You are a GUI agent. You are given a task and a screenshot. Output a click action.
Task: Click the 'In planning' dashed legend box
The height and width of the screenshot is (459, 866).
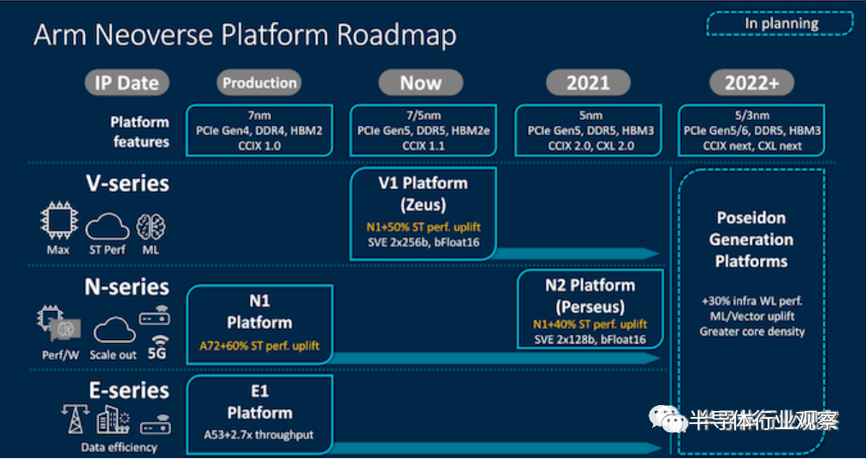[x=780, y=24]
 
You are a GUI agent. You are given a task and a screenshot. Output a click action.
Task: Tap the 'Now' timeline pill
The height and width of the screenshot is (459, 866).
[x=421, y=83]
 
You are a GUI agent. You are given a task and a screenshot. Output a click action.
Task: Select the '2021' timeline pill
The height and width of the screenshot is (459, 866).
[x=588, y=83]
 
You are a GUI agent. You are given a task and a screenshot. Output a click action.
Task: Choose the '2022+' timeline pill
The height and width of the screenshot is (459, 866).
[x=751, y=83]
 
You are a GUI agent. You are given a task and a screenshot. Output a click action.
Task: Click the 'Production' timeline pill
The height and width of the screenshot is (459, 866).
[x=259, y=83]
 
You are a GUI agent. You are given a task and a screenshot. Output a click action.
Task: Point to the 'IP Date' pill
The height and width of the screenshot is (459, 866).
[x=127, y=83]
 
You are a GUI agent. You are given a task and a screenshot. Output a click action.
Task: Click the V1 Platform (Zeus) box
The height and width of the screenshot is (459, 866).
[x=423, y=214]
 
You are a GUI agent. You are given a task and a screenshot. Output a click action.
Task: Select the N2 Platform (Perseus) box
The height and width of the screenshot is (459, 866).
[x=590, y=309]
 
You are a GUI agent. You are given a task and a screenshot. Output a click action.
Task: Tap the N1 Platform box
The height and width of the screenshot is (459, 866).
[x=260, y=325]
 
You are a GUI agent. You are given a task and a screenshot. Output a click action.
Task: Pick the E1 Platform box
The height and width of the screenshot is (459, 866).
[x=260, y=414]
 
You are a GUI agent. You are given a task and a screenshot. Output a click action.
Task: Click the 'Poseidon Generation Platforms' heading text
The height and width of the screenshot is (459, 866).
[x=751, y=240]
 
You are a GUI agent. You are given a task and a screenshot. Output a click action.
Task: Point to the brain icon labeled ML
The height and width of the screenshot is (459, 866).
[x=151, y=227]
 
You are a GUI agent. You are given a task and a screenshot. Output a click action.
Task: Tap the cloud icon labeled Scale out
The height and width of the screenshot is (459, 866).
[x=115, y=331]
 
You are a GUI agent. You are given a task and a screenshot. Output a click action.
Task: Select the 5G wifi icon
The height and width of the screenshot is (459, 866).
[x=157, y=346]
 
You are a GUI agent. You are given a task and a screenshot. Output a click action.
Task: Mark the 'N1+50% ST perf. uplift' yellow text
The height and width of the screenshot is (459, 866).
[x=423, y=227]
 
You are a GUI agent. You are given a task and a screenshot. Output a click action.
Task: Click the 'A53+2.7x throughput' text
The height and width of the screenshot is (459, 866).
[x=259, y=435]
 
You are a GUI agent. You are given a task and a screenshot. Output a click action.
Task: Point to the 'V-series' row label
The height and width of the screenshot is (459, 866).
[x=127, y=183]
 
